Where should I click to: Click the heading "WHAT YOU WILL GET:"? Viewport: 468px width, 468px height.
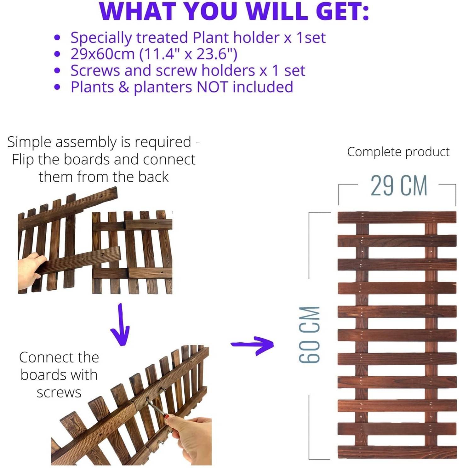pos(234,11)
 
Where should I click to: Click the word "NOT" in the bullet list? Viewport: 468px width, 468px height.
pos(212,87)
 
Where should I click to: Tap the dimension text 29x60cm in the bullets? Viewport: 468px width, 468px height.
pos(102,54)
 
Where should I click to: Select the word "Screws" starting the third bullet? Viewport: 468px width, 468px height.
pos(95,71)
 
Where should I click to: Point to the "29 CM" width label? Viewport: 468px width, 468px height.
pos(398,186)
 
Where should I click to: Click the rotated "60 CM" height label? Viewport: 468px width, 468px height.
pos(310,334)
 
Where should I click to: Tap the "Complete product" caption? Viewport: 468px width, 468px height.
pos(398,152)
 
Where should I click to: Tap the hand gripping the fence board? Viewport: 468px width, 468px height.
pos(30,268)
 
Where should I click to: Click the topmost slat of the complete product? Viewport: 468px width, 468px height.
pos(397,217)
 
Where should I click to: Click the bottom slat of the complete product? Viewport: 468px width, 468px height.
pos(397,452)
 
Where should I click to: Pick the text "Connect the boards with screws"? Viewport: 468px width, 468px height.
pos(59,375)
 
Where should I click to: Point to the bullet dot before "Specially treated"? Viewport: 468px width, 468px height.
pos(57,38)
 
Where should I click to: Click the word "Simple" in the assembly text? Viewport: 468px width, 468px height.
pos(29,142)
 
